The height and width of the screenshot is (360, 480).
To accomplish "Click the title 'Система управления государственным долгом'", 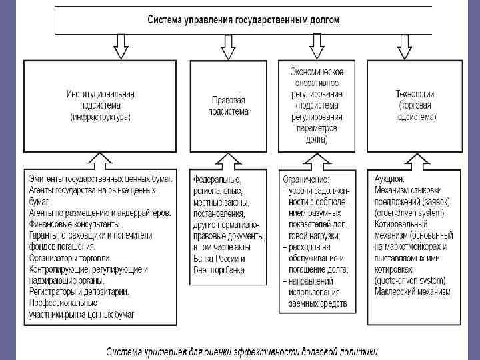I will pos(243,20).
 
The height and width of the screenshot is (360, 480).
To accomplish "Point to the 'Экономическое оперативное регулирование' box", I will pos(317,105).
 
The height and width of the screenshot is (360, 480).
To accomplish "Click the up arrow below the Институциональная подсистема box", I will pos(100,160).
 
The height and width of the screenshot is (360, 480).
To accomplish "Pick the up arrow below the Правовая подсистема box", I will pos(229,160).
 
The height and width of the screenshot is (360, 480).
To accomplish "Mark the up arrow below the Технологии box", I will pos(416,160).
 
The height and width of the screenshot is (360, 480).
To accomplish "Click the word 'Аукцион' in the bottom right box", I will pos(390,179).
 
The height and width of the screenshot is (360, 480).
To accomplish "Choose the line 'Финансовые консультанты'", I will pos(74,223).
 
